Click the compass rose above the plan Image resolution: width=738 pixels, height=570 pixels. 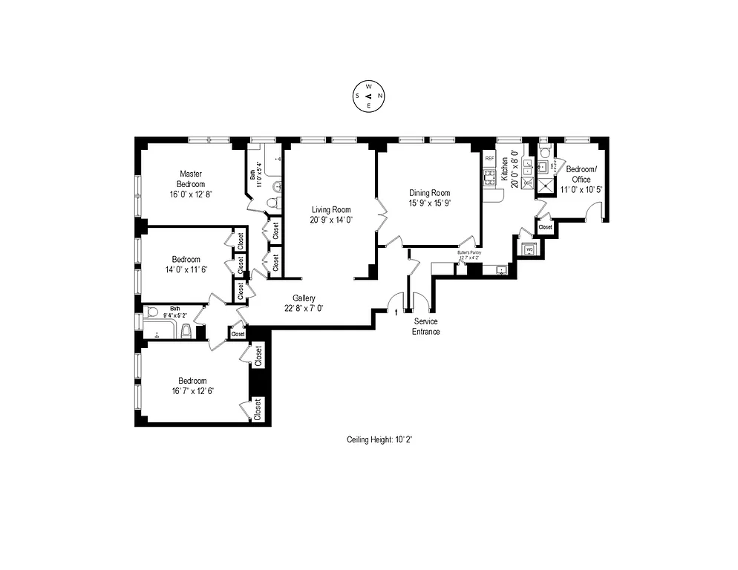pyautogui.click(x=369, y=96)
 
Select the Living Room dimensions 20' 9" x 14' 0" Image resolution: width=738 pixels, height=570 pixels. pyautogui.click(x=330, y=220)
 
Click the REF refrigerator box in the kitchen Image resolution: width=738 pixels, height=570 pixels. pyautogui.click(x=489, y=158)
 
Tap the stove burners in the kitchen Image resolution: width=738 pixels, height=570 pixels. pyautogui.click(x=489, y=177)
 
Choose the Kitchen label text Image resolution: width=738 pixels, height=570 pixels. pyautogui.click(x=504, y=170)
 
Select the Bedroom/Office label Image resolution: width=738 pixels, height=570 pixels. pyautogui.click(x=578, y=174)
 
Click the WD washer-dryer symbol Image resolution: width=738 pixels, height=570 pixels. pyautogui.click(x=529, y=249)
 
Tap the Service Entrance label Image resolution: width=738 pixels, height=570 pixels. pyautogui.click(x=426, y=326)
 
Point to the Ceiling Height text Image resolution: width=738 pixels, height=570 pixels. pyautogui.click(x=379, y=439)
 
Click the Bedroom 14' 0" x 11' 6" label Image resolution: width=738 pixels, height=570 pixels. pyautogui.click(x=186, y=264)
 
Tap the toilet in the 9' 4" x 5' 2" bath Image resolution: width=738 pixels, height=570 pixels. pyautogui.click(x=186, y=330)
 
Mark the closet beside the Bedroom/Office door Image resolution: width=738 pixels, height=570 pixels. pyautogui.click(x=544, y=226)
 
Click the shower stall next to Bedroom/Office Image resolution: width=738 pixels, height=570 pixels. pyautogui.click(x=546, y=186)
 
